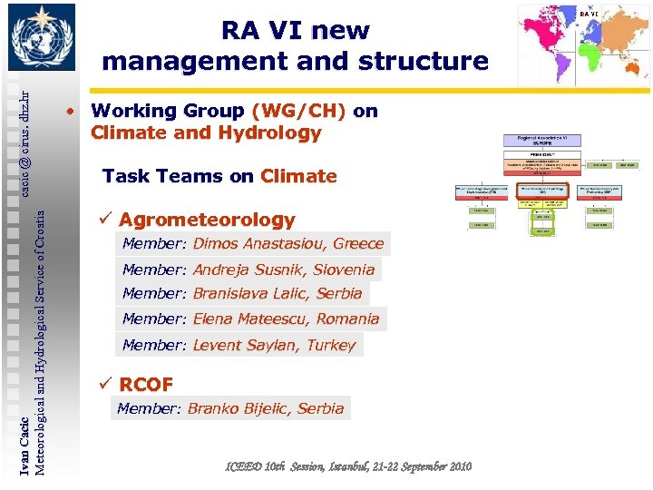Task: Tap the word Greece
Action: tap(358, 244)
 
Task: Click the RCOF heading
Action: tap(146, 384)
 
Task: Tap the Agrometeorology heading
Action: tap(207, 220)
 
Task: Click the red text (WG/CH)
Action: tap(299, 111)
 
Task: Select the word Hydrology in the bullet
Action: tap(272, 133)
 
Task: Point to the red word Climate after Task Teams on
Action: tap(298, 176)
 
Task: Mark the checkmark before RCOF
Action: tap(105, 384)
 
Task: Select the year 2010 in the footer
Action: tap(457, 466)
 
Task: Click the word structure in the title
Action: tap(423, 62)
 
